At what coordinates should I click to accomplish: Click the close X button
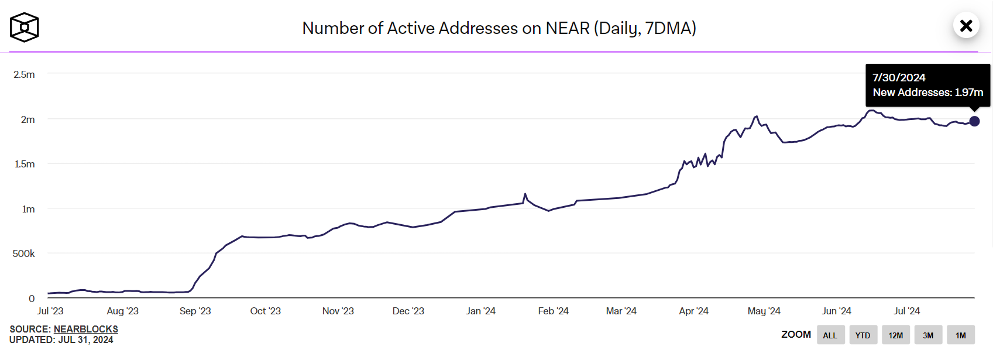click(x=966, y=26)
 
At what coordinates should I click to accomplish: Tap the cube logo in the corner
click(x=24, y=28)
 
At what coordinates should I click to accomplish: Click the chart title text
click(x=499, y=28)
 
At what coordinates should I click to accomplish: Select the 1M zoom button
click(x=960, y=335)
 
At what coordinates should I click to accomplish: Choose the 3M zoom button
click(x=928, y=335)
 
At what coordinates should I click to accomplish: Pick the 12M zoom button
click(x=895, y=335)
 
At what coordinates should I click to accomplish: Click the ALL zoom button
click(x=830, y=335)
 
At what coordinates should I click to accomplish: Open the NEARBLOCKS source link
click(x=86, y=329)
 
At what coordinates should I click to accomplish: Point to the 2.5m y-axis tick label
click(x=24, y=74)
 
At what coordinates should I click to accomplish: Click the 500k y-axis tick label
click(x=23, y=253)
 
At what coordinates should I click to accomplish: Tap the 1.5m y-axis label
click(x=24, y=164)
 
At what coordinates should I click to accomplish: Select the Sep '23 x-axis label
click(x=195, y=311)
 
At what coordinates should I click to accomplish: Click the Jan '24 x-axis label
click(x=480, y=311)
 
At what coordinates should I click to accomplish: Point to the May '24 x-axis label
click(x=764, y=311)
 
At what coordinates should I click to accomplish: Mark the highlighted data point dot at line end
click(x=974, y=121)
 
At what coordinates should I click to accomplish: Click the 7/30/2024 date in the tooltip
click(x=899, y=77)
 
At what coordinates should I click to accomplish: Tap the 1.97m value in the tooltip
click(x=968, y=92)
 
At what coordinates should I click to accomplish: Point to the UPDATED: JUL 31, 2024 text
click(x=61, y=340)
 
